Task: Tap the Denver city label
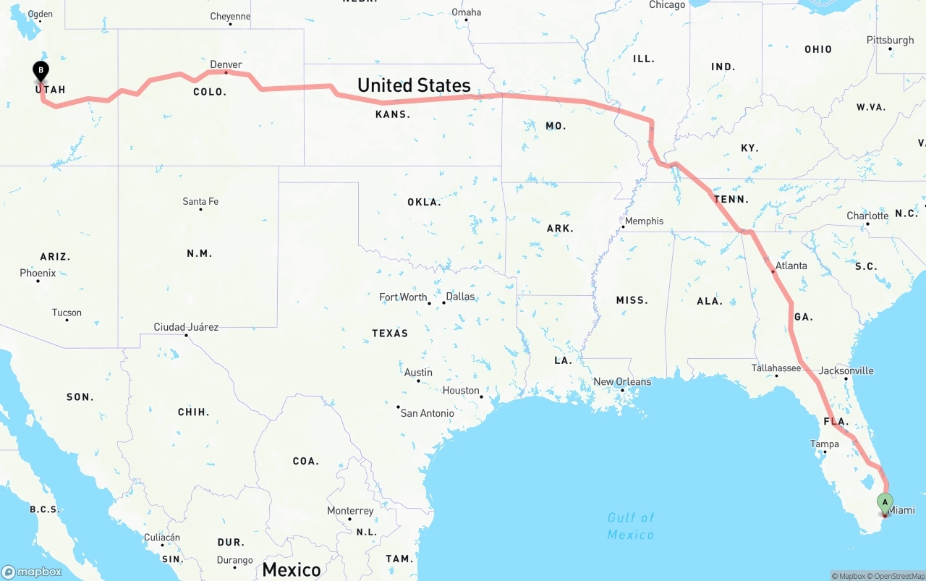(x=226, y=64)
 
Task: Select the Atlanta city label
(x=791, y=266)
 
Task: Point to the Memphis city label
(x=644, y=221)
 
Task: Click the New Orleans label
(x=622, y=381)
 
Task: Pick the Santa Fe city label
(x=200, y=201)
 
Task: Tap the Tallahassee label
(x=776, y=368)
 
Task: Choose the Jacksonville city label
(x=846, y=370)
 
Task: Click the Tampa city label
(x=824, y=444)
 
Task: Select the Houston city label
(x=461, y=390)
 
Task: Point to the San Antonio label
(x=428, y=413)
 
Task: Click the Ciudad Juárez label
(x=186, y=327)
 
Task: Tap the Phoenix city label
(x=38, y=273)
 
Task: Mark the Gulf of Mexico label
(x=631, y=526)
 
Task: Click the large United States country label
(x=414, y=85)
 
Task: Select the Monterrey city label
(x=350, y=511)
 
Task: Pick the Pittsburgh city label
(x=890, y=40)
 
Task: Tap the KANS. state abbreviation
(x=393, y=114)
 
